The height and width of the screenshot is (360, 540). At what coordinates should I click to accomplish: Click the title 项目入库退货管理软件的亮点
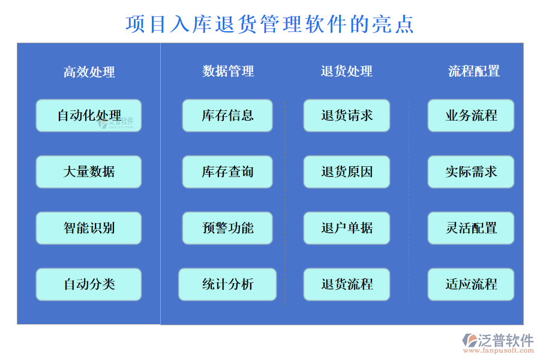point(270,24)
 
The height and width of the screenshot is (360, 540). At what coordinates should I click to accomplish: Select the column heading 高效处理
point(89,72)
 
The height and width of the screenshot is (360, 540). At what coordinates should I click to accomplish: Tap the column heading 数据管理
point(228,71)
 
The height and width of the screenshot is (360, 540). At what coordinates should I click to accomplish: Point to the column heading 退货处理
point(347,71)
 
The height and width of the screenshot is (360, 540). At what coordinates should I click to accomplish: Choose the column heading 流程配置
point(474,71)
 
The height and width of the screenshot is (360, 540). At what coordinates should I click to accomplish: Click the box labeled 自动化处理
point(89,115)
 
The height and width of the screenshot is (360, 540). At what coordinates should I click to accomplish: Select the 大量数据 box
point(89,172)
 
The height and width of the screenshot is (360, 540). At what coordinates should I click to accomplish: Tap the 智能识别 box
point(89,228)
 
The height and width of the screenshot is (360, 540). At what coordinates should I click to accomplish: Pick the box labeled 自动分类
point(89,284)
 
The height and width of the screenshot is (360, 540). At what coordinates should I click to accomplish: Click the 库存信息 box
point(227,115)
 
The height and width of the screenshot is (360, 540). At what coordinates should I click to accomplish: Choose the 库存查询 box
point(227,172)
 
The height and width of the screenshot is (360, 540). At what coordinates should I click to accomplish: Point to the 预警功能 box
point(227,228)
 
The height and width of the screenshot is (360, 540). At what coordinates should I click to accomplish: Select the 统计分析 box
point(227,284)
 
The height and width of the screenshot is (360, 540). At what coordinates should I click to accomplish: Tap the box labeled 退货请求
point(347,115)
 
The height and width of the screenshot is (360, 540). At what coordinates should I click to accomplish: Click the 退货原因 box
point(347,172)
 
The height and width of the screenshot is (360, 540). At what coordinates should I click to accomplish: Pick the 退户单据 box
point(347,228)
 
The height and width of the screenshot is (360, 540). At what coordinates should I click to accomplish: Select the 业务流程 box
point(471,115)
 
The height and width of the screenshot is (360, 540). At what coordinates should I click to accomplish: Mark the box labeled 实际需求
point(471,172)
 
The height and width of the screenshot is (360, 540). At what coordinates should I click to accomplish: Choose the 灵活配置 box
point(471,228)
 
